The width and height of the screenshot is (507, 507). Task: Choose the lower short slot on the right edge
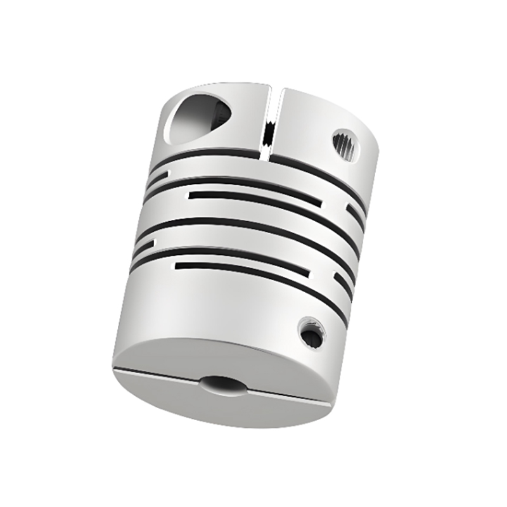click(x=342, y=283)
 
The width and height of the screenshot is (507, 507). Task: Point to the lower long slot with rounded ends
click(x=244, y=269)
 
